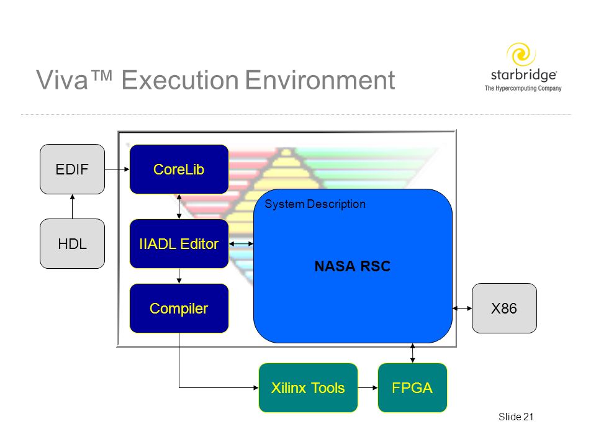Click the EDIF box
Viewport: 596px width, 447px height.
72,169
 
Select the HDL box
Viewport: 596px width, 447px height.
72,243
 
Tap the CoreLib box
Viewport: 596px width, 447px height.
179,169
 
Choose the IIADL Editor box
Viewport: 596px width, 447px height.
179,243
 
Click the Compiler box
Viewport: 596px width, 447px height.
179,309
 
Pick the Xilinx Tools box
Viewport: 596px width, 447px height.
308,387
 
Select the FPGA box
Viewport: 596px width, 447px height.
412,387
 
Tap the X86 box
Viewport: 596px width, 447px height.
504,309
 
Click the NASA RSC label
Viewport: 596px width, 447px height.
353,266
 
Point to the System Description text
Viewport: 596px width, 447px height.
315,204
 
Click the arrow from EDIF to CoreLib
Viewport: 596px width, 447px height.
117,169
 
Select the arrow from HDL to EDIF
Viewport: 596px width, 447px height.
72,206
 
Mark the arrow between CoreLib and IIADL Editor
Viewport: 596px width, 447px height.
179,206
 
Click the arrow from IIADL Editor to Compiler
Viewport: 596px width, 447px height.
179,276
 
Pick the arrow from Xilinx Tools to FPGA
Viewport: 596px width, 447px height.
368,387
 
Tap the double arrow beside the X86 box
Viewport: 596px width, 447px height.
462,309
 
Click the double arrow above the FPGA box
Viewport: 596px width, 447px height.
412,353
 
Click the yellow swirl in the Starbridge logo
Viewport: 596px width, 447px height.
521,54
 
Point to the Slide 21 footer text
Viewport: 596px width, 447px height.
516,417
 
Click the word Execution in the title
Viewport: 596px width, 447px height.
180,80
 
